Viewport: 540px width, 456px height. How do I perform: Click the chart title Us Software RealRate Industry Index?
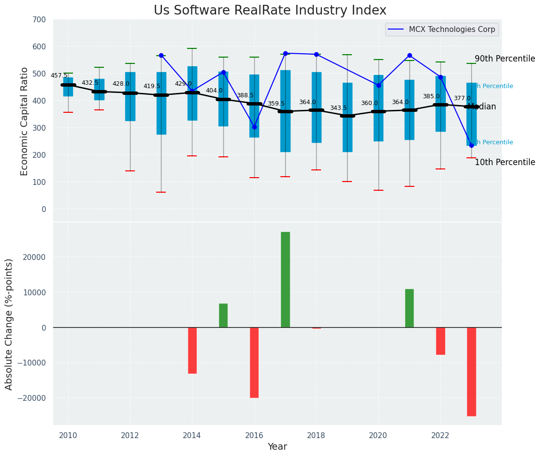[270, 11]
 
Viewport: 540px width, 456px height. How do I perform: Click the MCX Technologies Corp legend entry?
[452, 30]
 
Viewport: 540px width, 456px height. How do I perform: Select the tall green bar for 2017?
[285, 279]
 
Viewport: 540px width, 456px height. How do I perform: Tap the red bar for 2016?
[254, 362]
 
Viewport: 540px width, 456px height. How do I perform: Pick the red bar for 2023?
[471, 371]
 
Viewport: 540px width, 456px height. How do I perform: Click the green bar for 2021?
[409, 308]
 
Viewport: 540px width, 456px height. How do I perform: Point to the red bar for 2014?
[192, 350]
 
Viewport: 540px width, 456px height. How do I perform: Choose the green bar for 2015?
[223, 315]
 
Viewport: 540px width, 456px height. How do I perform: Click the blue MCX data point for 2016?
[254, 127]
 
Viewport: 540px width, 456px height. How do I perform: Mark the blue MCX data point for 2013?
[161, 55]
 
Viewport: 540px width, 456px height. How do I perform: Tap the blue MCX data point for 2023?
[471, 145]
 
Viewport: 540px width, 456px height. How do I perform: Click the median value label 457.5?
[59, 76]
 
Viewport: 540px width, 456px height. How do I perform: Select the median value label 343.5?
[338, 108]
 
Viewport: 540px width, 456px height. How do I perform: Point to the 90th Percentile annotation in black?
[505, 59]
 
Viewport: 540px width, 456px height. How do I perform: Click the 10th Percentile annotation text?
[505, 163]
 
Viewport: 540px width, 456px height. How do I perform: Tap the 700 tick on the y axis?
[39, 20]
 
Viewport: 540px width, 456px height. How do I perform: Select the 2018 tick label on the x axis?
[316, 435]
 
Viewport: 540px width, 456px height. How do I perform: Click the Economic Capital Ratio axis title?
[25, 121]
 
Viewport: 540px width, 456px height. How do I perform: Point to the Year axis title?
[277, 447]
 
